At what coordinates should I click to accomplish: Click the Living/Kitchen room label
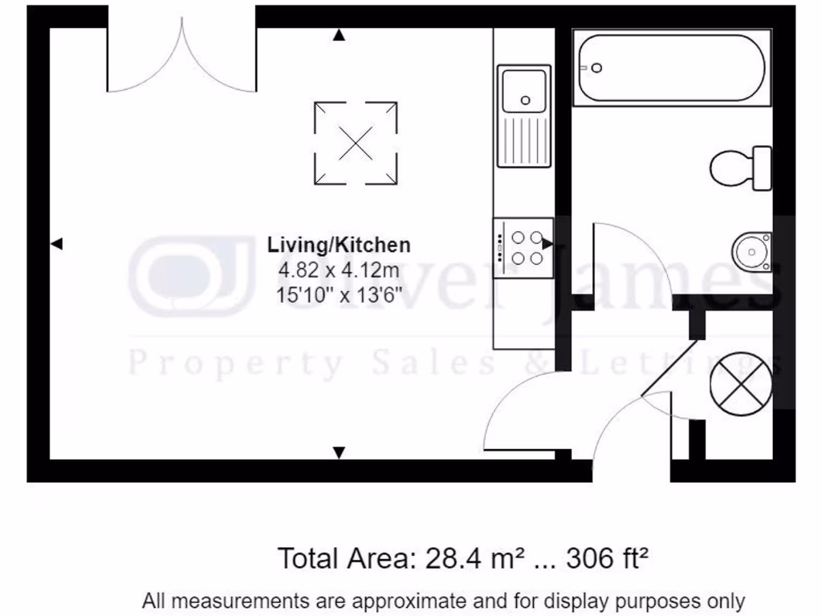[x=339, y=245]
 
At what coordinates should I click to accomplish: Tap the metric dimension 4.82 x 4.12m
[x=339, y=269]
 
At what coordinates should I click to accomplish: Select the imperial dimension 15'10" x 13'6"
[x=339, y=294]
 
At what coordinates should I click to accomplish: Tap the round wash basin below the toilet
[x=751, y=250]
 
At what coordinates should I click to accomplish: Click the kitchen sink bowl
[x=523, y=90]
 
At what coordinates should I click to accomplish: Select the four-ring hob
[x=523, y=247]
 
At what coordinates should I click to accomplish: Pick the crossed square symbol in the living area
[x=355, y=142]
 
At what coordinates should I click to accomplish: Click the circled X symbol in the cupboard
[x=740, y=382]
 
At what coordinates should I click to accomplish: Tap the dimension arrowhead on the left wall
[x=56, y=244]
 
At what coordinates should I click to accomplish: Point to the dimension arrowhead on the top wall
[x=339, y=35]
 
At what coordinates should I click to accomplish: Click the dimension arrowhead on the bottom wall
[x=339, y=452]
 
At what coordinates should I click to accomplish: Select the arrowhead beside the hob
[x=547, y=243]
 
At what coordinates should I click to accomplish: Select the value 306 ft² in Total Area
[x=607, y=557]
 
